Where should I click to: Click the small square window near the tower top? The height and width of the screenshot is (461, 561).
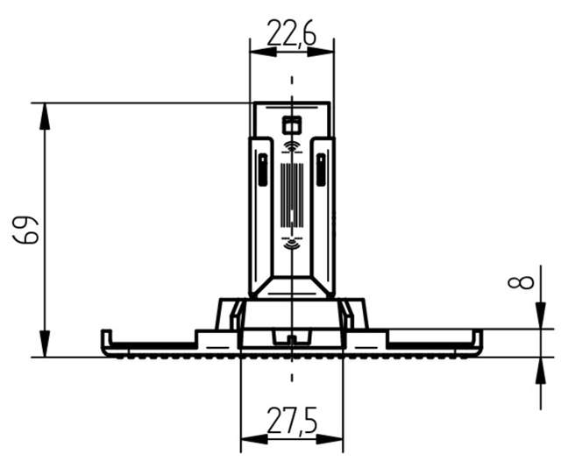[x=291, y=124]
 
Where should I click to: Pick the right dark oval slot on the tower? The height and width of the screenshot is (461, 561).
[x=320, y=168]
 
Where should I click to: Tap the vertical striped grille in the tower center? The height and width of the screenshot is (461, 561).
[x=291, y=190]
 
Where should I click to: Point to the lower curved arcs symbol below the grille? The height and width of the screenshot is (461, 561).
[x=291, y=240]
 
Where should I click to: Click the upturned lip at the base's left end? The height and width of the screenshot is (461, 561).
[x=105, y=339]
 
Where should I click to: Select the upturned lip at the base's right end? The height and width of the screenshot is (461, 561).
[x=478, y=339]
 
